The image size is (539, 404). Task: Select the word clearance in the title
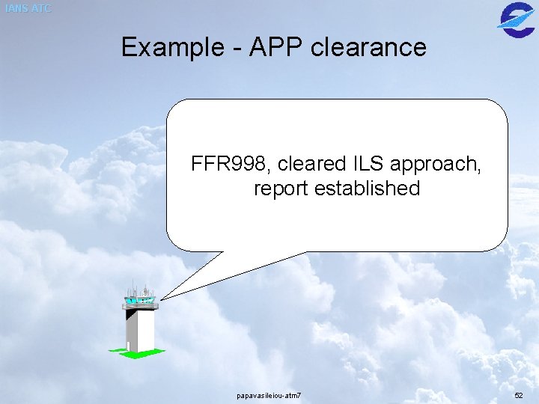tap(368, 48)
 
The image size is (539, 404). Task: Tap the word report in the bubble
tap(281, 189)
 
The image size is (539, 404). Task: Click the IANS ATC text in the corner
tap(28, 9)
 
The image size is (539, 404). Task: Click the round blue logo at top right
tap(516, 18)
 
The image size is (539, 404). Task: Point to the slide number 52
tap(519, 394)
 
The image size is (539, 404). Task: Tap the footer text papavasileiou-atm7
tap(269, 394)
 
